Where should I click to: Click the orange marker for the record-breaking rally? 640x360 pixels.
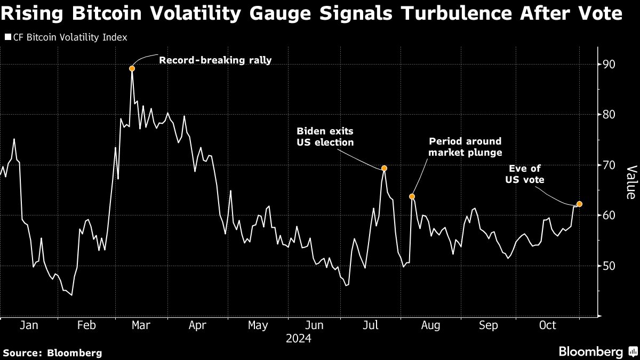pos(132,68)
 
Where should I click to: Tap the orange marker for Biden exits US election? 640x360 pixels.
pos(384,169)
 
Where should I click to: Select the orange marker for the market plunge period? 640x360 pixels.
pos(412,197)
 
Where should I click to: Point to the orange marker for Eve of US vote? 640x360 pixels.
pos(579,204)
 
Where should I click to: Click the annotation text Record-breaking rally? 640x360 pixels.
pos(215,60)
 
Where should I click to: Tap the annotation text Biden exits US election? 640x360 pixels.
pos(325,137)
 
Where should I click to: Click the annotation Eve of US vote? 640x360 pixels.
pos(525,174)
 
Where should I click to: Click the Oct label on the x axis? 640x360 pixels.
pos(547,325)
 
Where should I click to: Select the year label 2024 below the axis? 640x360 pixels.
pos(299,339)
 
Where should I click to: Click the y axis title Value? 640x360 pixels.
pos(630,182)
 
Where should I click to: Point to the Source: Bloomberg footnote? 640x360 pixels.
pos(52,353)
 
